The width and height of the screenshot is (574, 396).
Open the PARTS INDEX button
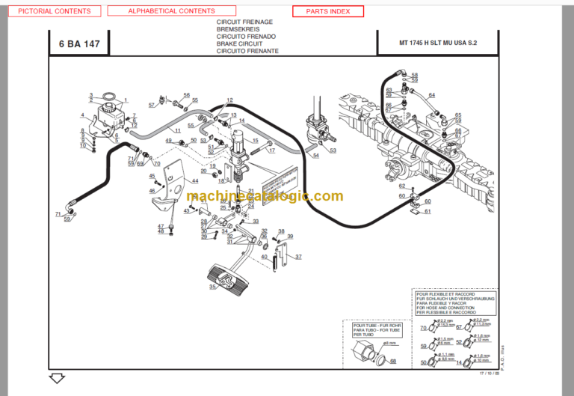[327, 11]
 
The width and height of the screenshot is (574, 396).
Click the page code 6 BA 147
[78, 44]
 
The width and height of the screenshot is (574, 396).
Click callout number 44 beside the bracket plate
[195, 181]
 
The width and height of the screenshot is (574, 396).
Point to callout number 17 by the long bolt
[271, 150]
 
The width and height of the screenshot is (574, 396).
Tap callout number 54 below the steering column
[315, 155]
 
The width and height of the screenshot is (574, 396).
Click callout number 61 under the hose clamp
[428, 211]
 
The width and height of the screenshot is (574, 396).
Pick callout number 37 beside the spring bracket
[298, 257]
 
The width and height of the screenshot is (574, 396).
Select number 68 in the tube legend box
[394, 361]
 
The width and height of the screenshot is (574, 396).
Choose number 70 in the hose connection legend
[423, 328]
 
